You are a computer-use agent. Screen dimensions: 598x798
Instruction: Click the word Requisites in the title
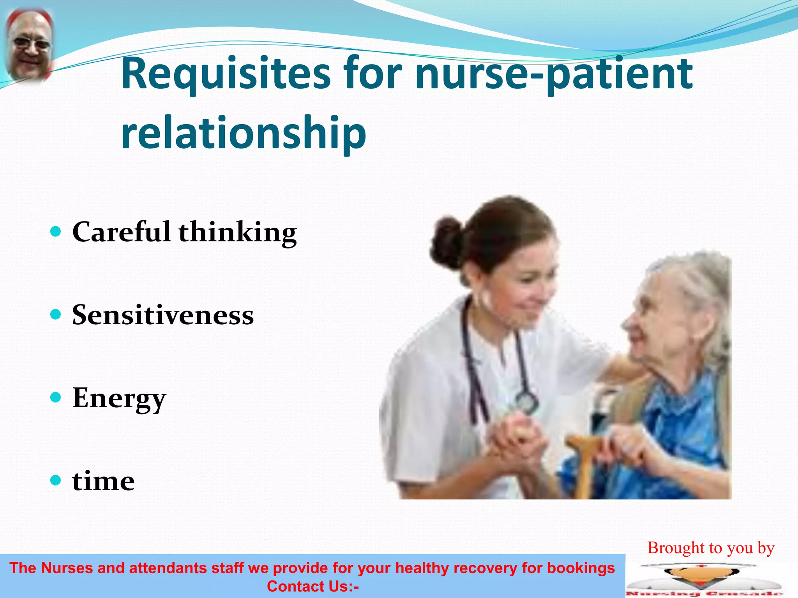pos(226,74)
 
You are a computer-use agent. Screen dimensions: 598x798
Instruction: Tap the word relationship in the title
pos(244,133)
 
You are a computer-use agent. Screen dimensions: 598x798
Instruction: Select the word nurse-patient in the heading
pos(553,74)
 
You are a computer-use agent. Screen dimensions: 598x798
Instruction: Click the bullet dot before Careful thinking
pos(56,232)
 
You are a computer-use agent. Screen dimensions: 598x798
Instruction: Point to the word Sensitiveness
pos(163,315)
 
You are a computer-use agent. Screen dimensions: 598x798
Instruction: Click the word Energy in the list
pos(119,398)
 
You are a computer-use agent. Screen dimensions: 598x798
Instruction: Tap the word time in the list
pos(103,481)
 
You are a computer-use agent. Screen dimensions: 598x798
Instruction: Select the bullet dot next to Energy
pos(56,397)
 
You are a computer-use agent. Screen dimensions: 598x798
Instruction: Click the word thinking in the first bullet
pos(238,232)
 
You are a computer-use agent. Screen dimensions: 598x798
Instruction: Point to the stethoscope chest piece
pos(527,401)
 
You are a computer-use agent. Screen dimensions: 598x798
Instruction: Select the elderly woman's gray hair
pos(697,284)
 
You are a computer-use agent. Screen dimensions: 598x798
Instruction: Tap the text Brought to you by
pos(711,548)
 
